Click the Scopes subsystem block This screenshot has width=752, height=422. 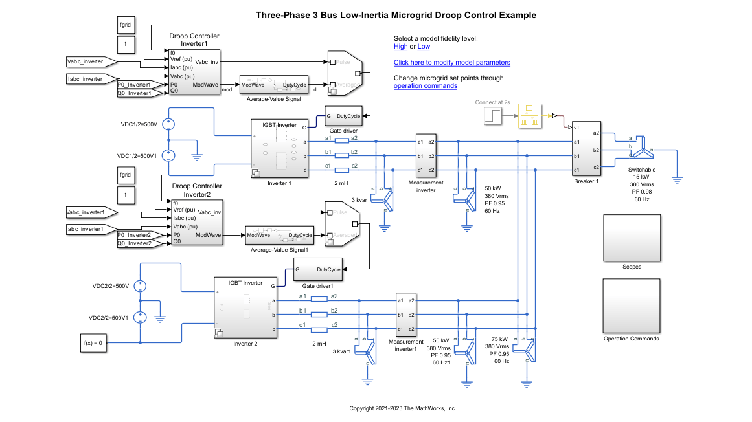pyautogui.click(x=632, y=238)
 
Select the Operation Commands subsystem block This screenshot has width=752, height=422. pyautogui.click(x=632, y=305)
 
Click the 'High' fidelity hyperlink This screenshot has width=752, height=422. pyautogui.click(x=400, y=47)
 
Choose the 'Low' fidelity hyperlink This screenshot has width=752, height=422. pyautogui.click(x=424, y=47)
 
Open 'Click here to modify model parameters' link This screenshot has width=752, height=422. pyautogui.click(x=451, y=63)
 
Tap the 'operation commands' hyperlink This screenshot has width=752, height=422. pyautogui.click(x=426, y=86)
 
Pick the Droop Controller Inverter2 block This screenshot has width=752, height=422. pyautogui.click(x=196, y=223)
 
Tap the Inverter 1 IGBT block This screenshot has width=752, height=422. pyautogui.click(x=279, y=149)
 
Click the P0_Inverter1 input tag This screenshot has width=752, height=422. pyautogui.click(x=134, y=85)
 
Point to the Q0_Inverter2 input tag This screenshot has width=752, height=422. pyautogui.click(x=134, y=243)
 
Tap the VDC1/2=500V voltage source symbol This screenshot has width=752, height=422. pyautogui.click(x=168, y=125)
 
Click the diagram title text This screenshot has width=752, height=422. pyautogui.click(x=396, y=15)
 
